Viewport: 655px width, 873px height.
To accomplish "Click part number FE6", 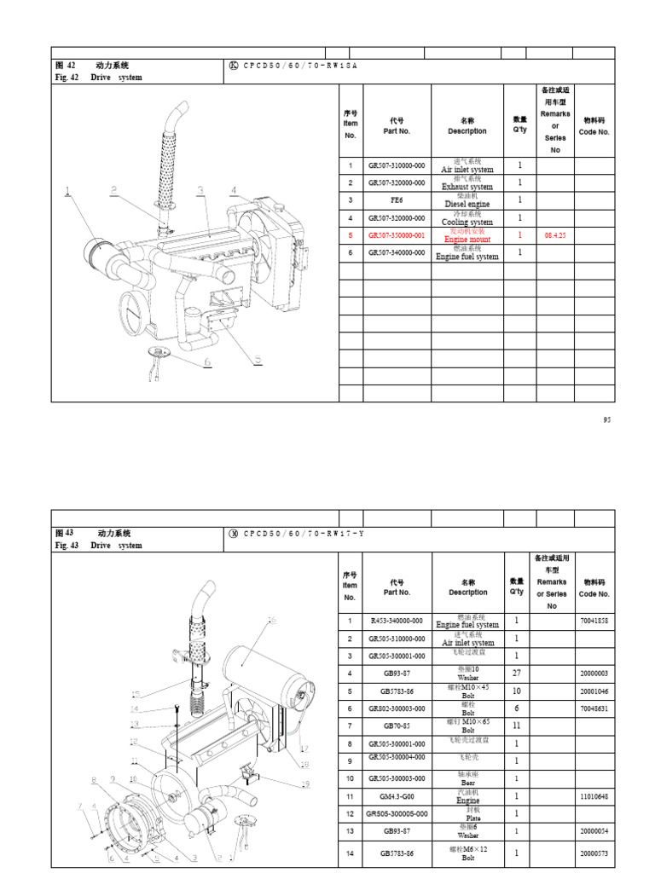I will [397, 200].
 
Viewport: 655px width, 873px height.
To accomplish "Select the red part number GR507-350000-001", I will [397, 235].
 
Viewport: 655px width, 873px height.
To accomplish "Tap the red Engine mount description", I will [467, 235].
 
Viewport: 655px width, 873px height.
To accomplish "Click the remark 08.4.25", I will [555, 235].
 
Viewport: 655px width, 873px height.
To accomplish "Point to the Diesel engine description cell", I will [467, 200].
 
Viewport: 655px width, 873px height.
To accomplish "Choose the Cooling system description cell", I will [467, 218].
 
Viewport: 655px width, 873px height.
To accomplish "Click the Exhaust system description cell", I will [467, 182].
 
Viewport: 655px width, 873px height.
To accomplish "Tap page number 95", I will [607, 419].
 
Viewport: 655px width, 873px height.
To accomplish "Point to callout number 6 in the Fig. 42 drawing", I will [206, 361].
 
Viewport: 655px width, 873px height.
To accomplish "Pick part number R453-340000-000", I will [397, 622].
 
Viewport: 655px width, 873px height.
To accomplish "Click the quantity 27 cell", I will [516, 674].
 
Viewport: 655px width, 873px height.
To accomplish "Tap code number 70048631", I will [594, 708].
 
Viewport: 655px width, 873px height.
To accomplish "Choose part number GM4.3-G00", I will [397, 796].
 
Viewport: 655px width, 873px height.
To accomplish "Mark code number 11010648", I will [594, 796].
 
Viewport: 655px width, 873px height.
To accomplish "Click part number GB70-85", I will [397, 726].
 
